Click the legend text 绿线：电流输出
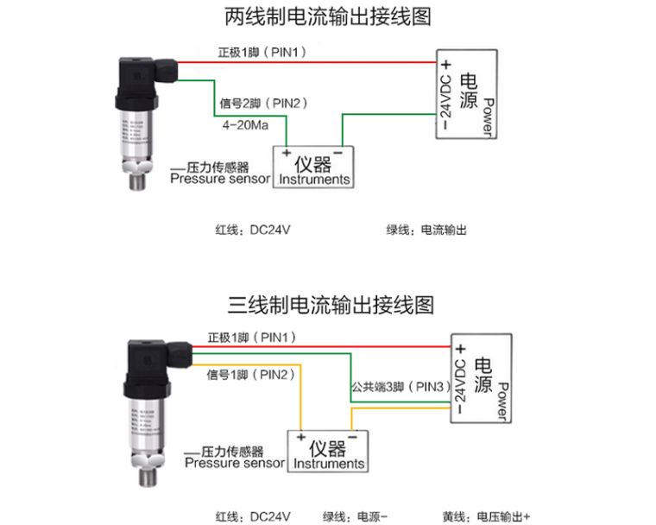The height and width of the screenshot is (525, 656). point(426,231)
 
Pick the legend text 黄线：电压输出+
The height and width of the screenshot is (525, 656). point(487,516)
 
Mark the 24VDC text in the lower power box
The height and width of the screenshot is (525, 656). point(461,377)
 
